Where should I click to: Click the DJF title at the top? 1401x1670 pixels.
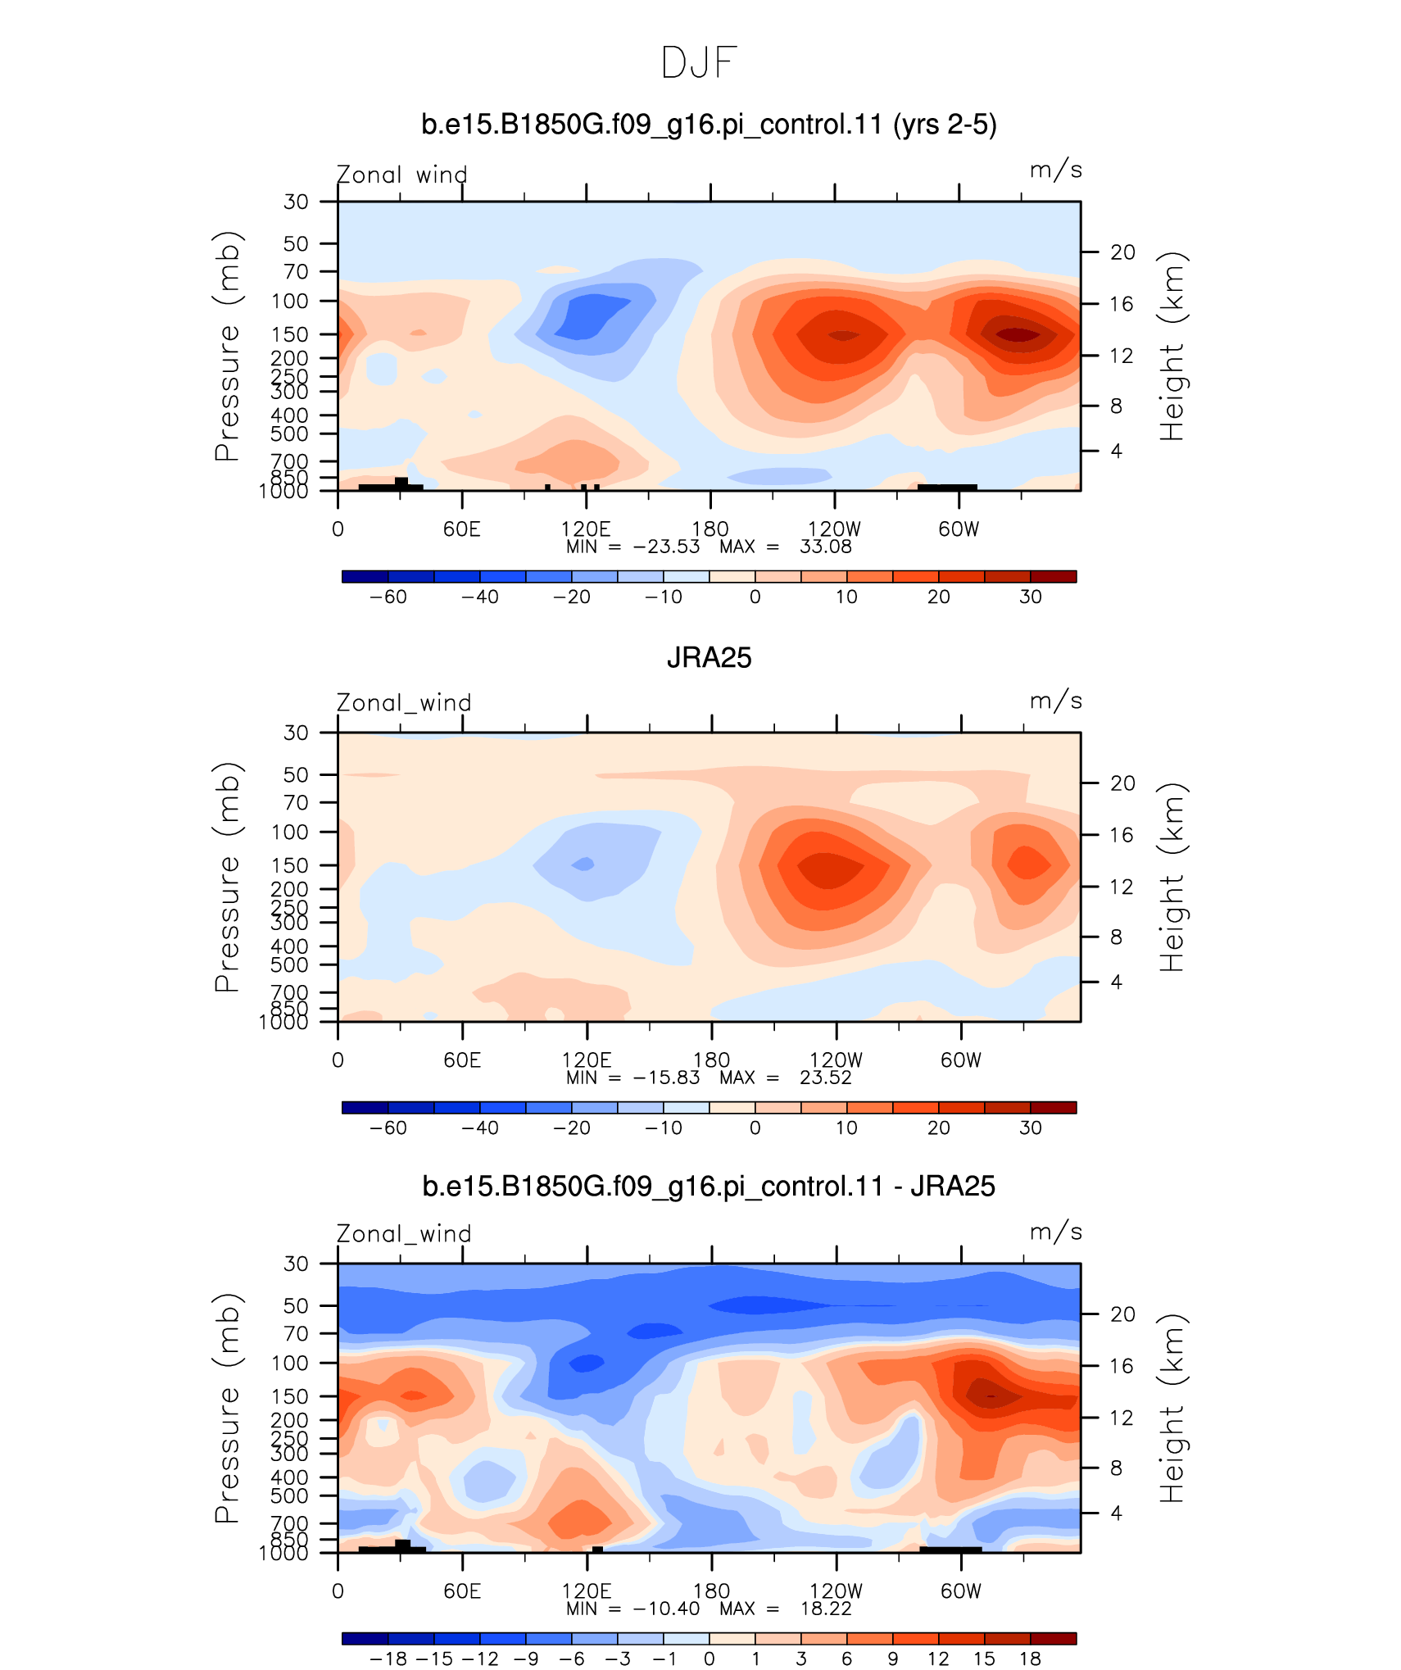point(699,63)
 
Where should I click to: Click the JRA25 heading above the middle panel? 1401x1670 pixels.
point(709,658)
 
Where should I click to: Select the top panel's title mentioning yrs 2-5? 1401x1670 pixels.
point(709,125)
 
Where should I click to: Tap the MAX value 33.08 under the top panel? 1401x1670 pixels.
point(826,547)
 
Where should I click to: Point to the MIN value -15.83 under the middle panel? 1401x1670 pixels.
point(666,1078)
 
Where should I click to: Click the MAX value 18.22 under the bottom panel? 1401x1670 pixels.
point(826,1609)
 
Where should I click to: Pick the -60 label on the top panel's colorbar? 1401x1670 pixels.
point(388,597)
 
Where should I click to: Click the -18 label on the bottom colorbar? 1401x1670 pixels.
point(388,1659)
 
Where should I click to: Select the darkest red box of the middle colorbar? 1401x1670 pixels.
point(1053,1108)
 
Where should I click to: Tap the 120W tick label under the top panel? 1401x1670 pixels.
point(835,529)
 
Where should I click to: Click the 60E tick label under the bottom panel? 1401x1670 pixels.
point(462,1591)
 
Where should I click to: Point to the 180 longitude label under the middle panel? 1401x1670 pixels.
point(711,1060)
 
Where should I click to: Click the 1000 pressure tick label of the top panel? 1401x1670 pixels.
point(283,492)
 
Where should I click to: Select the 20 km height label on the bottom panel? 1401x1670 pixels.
point(1122,1314)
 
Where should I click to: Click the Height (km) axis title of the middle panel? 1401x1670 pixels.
point(1172,878)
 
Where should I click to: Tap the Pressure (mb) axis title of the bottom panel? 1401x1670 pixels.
point(227,1408)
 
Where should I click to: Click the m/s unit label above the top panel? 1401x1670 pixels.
point(1056,170)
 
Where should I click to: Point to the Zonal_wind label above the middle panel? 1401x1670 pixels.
point(404,702)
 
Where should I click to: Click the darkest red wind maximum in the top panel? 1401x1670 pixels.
point(1018,334)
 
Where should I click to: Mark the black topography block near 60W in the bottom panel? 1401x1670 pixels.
point(950,1550)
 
